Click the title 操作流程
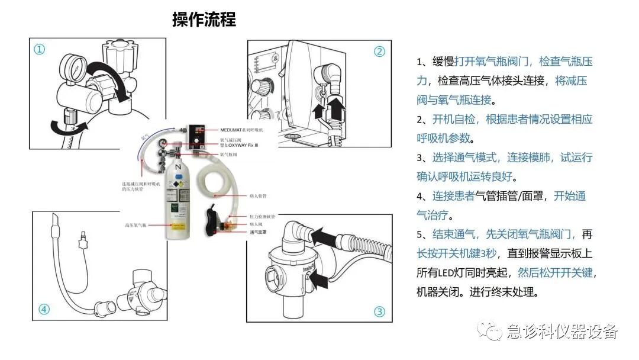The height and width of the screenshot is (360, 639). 204,20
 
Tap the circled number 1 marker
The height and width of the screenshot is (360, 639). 39,50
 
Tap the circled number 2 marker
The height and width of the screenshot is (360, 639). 379,52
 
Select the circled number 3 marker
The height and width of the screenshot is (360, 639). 379,311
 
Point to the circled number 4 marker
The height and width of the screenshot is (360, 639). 44,309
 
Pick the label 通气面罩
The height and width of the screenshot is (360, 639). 256,233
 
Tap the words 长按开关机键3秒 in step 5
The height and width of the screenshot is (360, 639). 456,253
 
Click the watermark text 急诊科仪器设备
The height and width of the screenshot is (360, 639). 561,332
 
